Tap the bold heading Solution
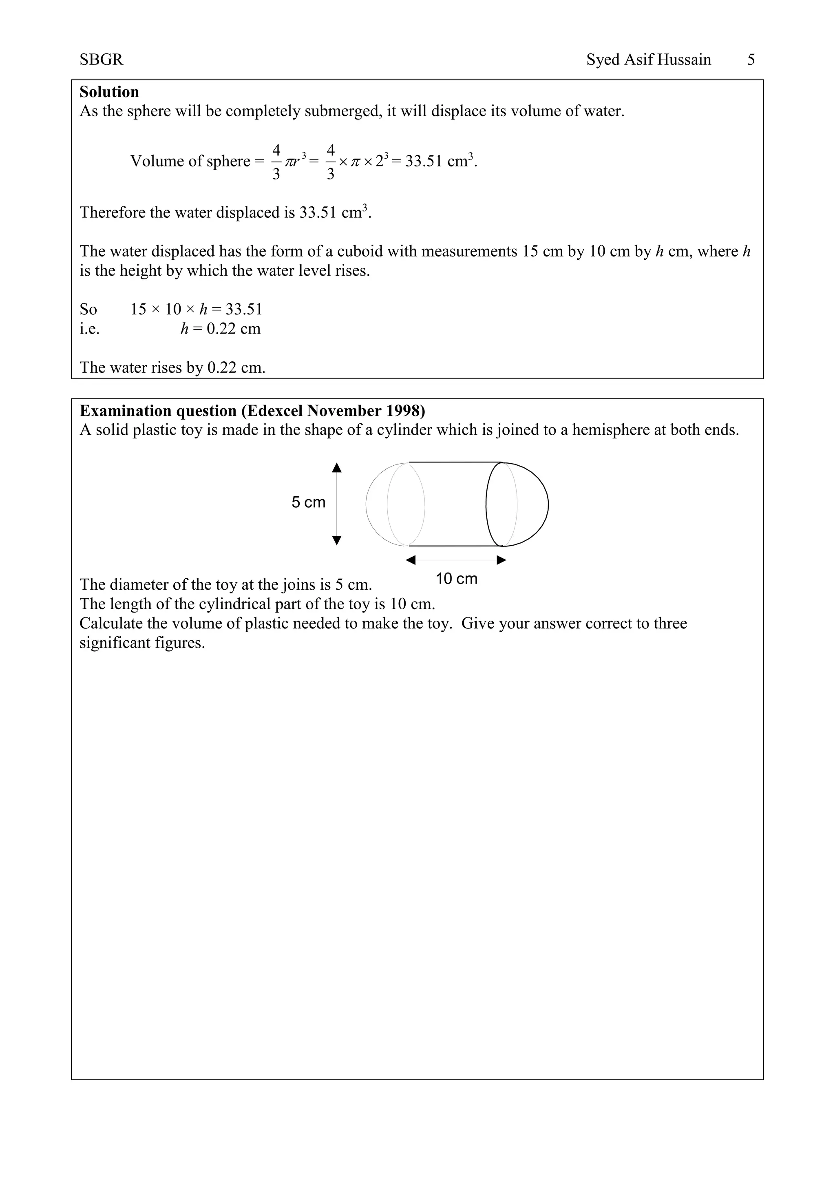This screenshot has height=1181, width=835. pyautogui.click(x=109, y=92)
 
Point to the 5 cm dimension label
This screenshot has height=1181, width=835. pyautogui.click(x=309, y=502)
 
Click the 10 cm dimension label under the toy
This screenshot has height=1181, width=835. pyautogui.click(x=457, y=579)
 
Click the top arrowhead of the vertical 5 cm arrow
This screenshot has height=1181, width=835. pyautogui.click(x=337, y=468)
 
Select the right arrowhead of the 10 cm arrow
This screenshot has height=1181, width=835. pyautogui.click(x=501, y=560)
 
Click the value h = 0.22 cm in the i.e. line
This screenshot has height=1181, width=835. pyautogui.click(x=221, y=329)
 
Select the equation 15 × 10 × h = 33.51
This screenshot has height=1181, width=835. pyautogui.click(x=197, y=309)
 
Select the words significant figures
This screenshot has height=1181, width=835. pyautogui.click(x=142, y=643)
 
